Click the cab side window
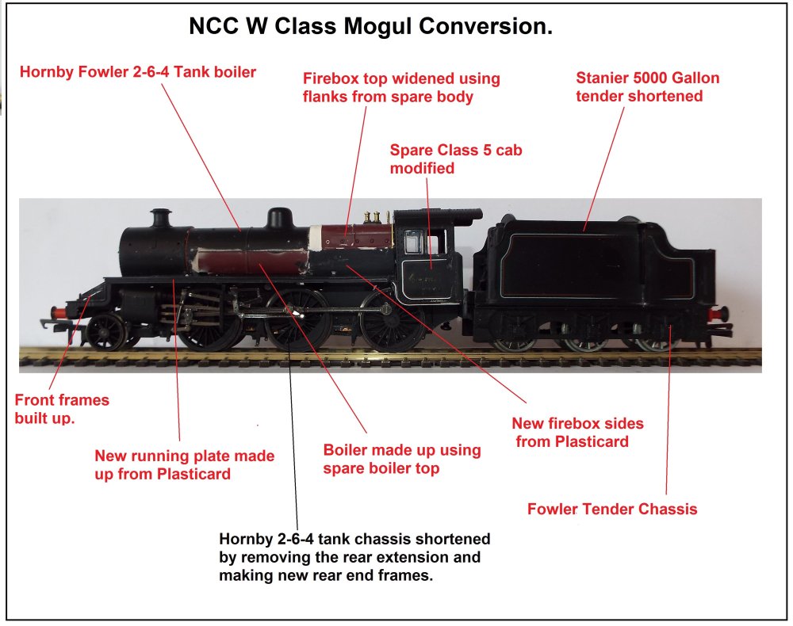pos(412,242)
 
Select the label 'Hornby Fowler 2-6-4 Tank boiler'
pos(138,73)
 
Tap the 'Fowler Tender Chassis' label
pos(612,509)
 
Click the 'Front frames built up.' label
pos(62,408)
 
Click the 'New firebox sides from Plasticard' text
pos(577,432)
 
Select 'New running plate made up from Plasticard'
pos(184,465)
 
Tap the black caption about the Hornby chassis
pos(354,557)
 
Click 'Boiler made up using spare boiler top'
pos(402,459)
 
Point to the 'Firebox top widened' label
pos(401,87)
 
